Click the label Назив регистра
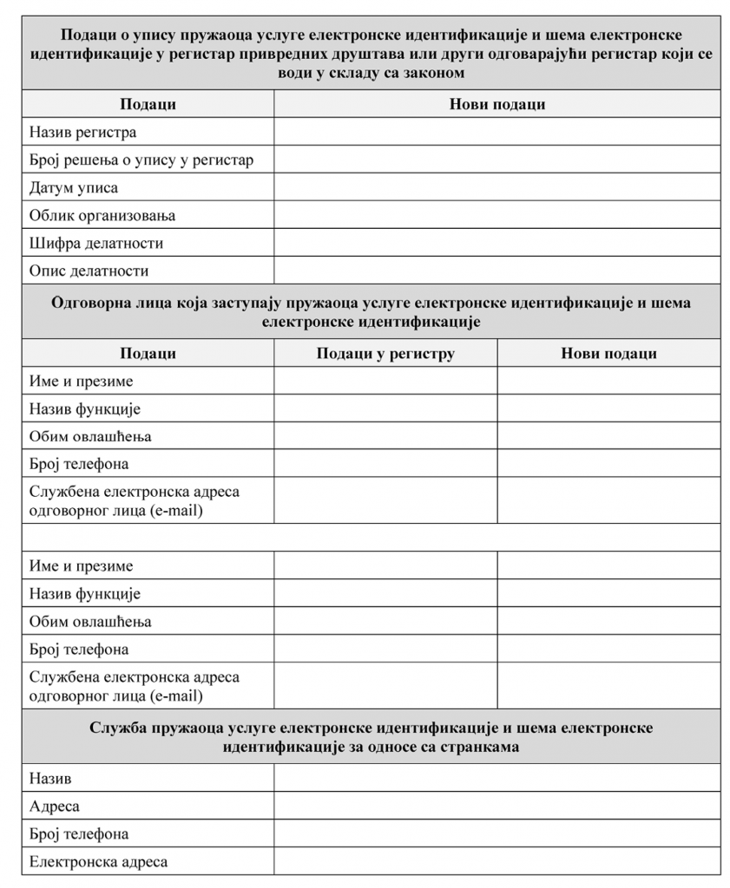pos(82,133)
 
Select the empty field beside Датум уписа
pos(497,187)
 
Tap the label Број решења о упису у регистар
pos(141,160)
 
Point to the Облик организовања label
pos(102,215)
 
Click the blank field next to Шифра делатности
pos(497,243)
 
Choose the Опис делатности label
pos(89,271)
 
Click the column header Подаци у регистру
pos(385,354)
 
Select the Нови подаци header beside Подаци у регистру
pos(608,354)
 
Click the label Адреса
pos(55,806)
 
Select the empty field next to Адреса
pos(497,806)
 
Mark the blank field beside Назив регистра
pos(497,133)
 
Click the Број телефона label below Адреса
pos(79,834)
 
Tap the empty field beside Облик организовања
pos(497,215)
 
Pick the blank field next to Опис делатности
pos(497,271)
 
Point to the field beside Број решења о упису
pos(497,160)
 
